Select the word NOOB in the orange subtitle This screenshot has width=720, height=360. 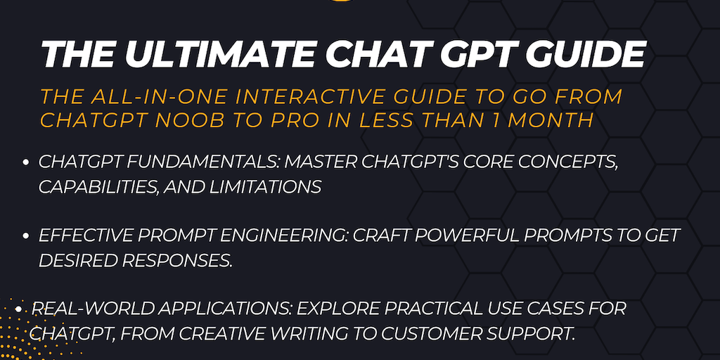pyautogui.click(x=244, y=120)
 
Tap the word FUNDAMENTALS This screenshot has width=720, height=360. pyautogui.click(x=199, y=162)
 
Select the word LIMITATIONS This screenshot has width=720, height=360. pyautogui.click(x=264, y=187)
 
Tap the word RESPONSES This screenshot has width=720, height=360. pyautogui.click(x=175, y=260)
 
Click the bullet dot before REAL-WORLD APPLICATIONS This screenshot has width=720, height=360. pyautogui.click(x=18, y=309)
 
